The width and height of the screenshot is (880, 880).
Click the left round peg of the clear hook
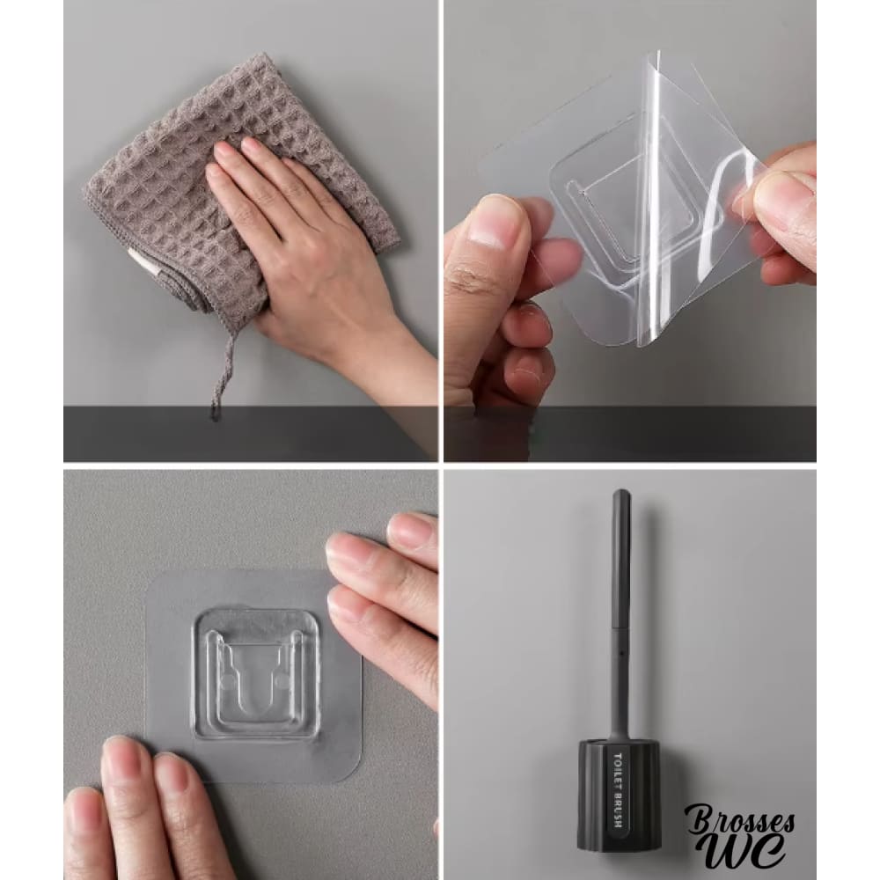point(227,682)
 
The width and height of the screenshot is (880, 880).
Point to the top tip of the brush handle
point(621,492)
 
